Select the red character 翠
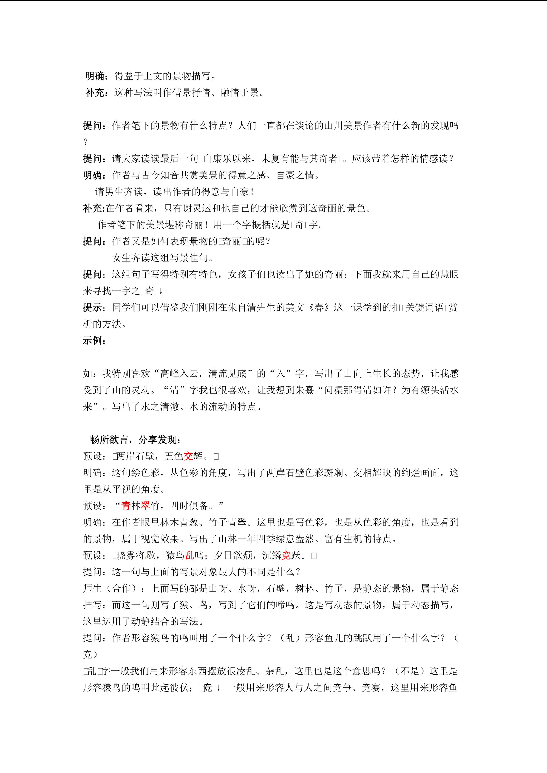[145, 506]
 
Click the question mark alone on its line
[85, 142]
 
